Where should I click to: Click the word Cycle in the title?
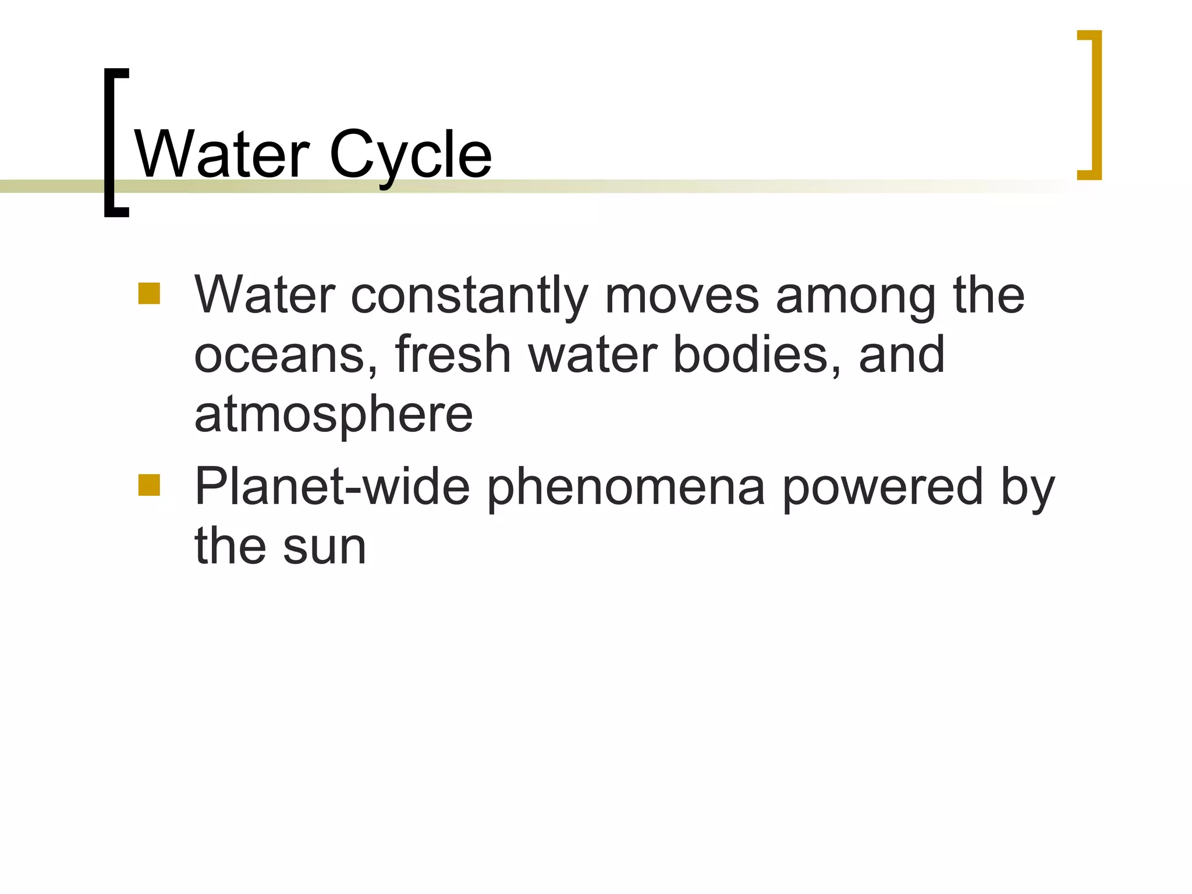pos(410,155)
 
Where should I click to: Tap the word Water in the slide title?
pos(222,155)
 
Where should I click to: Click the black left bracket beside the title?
pos(111,143)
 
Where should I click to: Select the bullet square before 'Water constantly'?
pos(149,293)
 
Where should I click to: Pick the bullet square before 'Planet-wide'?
pos(149,485)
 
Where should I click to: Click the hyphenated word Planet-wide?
pos(332,487)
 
